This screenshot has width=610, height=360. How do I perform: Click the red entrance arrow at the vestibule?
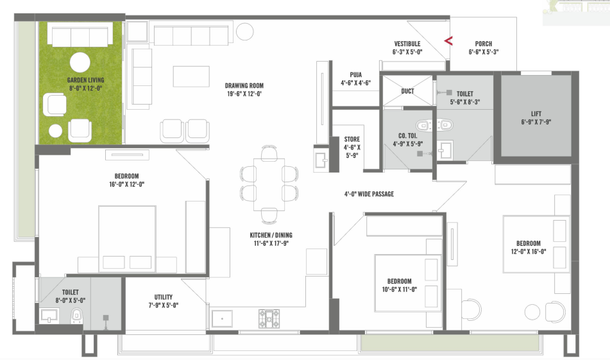tap(448, 40)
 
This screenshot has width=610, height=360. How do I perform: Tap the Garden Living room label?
tap(85, 80)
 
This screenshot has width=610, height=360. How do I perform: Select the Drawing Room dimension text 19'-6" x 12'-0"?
tap(244, 94)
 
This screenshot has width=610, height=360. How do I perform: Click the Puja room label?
tap(355, 74)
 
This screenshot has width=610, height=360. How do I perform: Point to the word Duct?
tap(407, 91)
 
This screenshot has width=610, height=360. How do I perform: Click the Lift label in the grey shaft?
tap(536, 114)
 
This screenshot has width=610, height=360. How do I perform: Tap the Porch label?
tap(484, 44)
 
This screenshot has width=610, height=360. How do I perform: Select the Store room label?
tap(352, 139)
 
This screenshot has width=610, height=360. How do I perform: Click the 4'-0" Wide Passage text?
tap(369, 194)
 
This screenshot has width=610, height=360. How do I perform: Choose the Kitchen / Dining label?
tap(271, 235)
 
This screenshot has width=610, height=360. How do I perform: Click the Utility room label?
tap(164, 297)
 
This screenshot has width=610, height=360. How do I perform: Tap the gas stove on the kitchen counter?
tap(269, 318)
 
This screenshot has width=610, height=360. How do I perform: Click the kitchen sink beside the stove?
tap(222, 319)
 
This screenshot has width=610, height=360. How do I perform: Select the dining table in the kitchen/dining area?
tap(269, 184)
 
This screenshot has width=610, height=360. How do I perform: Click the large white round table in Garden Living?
tap(80, 62)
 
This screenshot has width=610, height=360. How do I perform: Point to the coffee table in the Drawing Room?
tap(191, 76)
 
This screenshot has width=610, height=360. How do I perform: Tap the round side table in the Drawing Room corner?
tap(244, 31)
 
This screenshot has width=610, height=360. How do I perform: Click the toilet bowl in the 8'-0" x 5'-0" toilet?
tap(76, 315)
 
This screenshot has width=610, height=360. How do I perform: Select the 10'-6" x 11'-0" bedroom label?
tap(399, 281)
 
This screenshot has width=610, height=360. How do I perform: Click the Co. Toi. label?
tap(408, 136)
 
